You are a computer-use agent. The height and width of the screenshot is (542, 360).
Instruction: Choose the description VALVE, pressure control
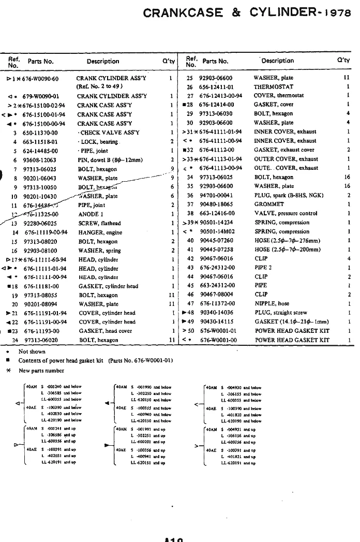pos(286,213)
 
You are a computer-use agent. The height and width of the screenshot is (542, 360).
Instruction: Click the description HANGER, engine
pos(100,232)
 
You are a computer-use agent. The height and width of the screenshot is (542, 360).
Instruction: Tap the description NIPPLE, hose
pos(272,304)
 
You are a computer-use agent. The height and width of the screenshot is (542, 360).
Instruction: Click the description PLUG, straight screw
pos(281,313)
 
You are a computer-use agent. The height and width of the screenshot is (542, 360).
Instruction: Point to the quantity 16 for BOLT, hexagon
pos(347,177)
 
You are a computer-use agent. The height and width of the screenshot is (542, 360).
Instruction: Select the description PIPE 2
pos(263,268)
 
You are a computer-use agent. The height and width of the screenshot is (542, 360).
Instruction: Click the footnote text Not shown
pos(32,351)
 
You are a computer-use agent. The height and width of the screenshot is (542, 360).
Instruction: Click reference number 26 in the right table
pos(189,87)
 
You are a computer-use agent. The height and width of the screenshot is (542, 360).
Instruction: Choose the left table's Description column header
pos(103,62)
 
